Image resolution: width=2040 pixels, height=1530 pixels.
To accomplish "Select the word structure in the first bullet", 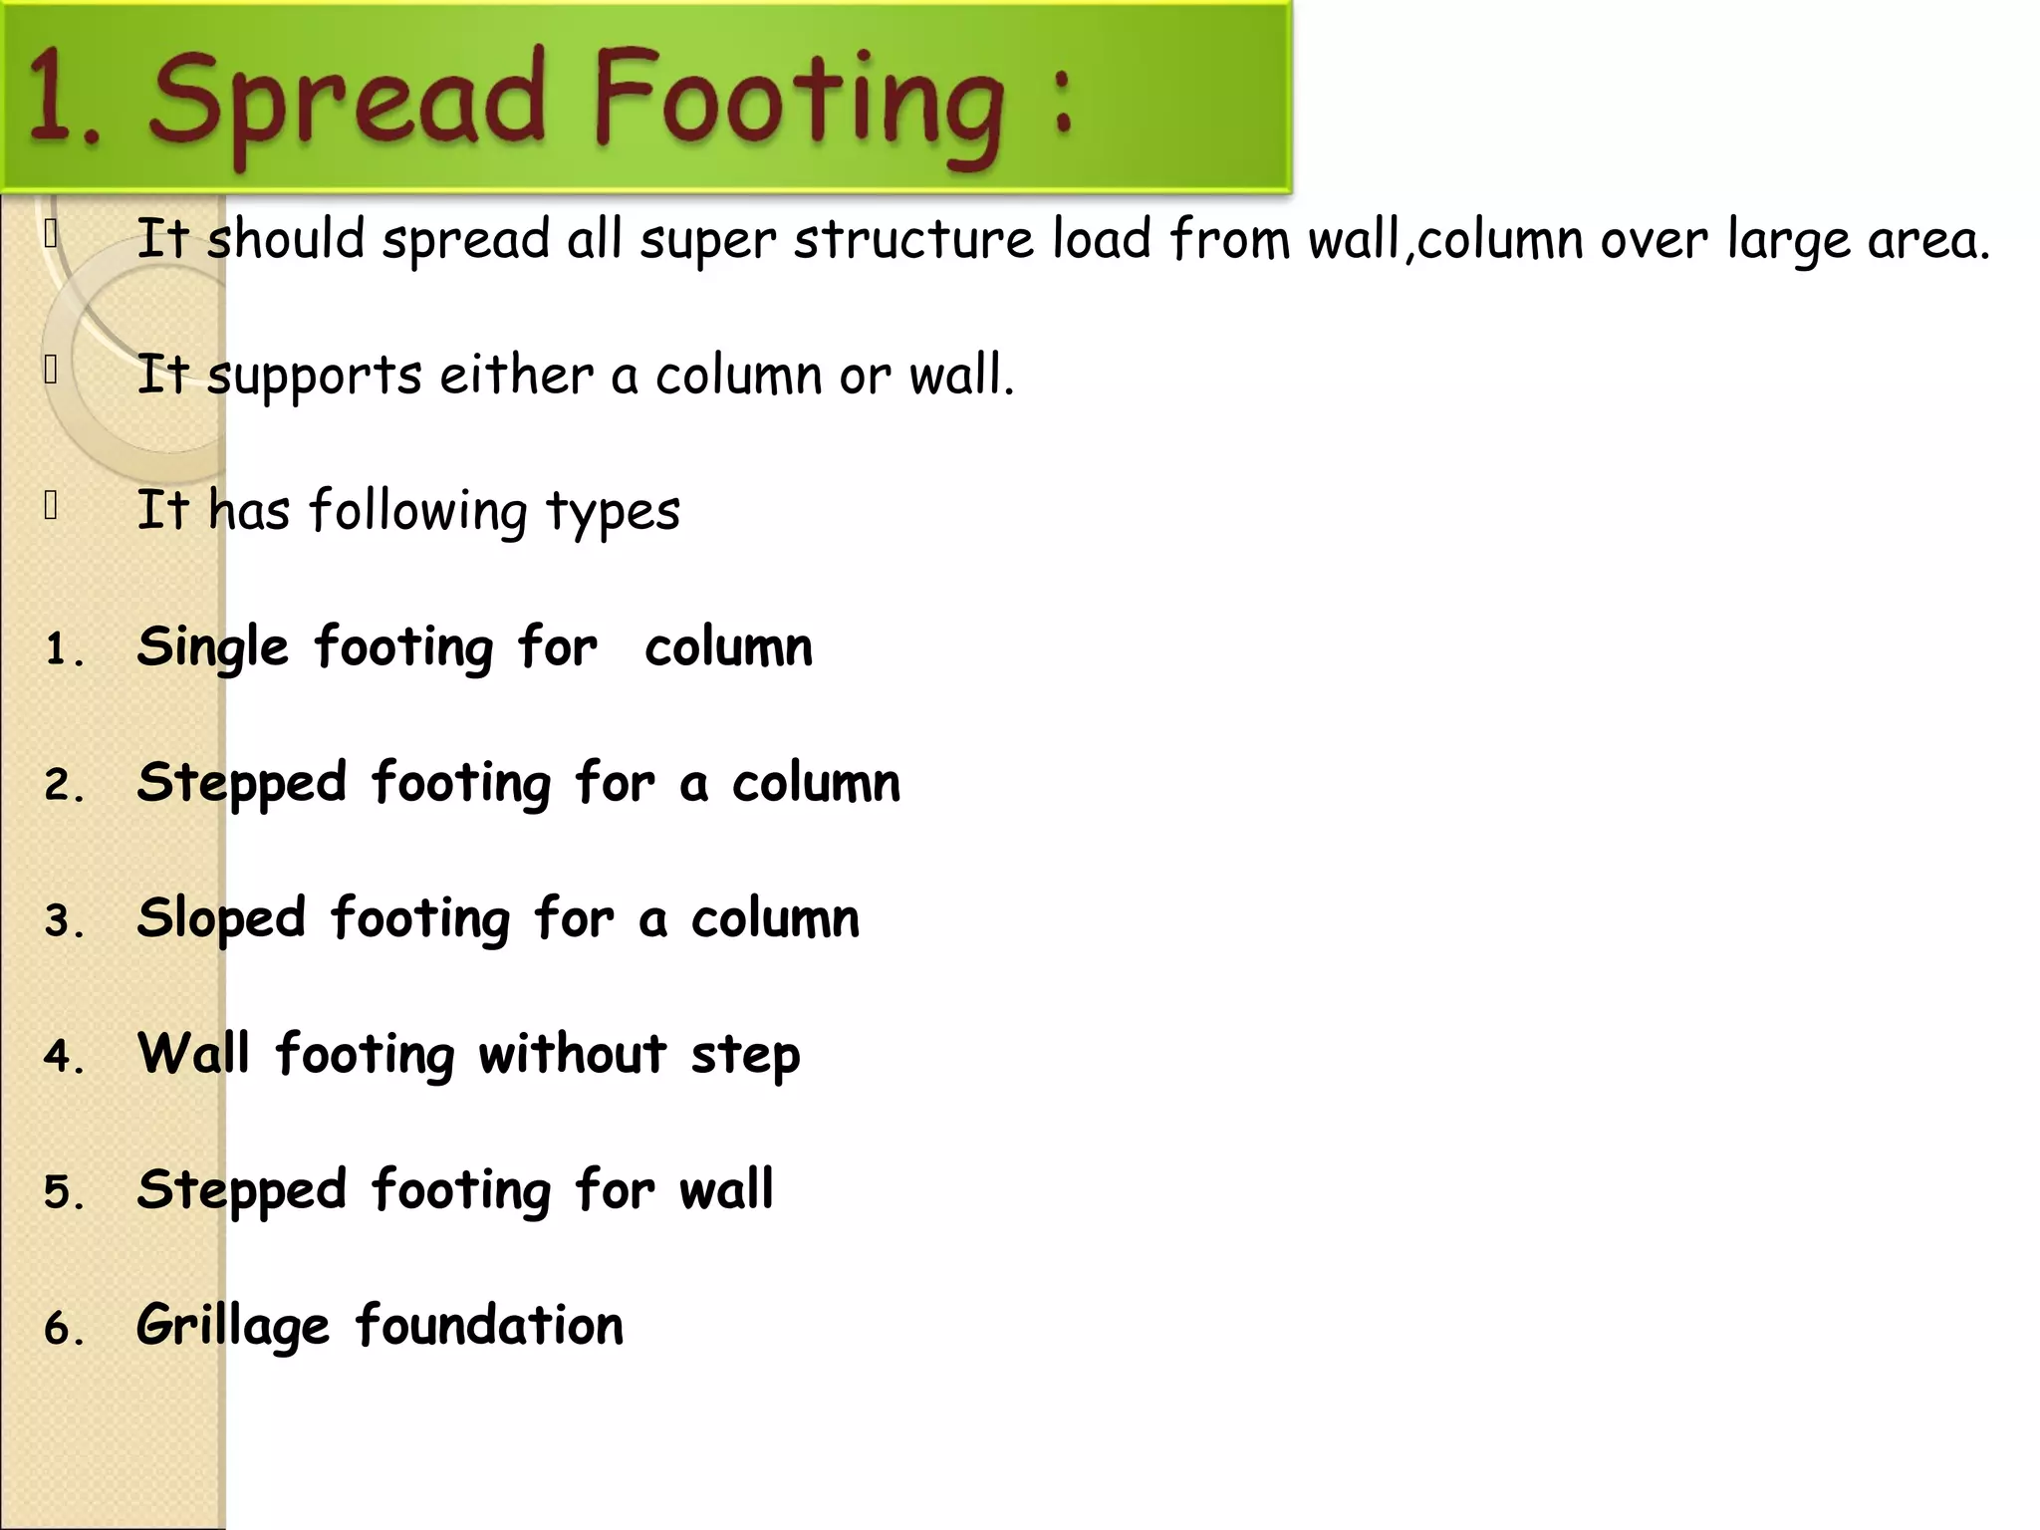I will point(913,240).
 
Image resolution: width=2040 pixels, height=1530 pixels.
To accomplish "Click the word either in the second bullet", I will point(516,376).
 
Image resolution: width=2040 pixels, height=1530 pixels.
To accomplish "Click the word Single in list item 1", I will point(213,648).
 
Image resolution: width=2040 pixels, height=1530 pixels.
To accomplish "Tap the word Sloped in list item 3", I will point(221,917).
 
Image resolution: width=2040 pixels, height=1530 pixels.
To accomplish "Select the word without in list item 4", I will point(573,1054).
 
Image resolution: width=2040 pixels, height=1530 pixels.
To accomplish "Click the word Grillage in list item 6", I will point(233,1326).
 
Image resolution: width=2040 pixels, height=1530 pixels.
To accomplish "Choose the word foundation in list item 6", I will point(489,1325).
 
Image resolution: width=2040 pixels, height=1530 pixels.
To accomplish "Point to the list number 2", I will point(62,786).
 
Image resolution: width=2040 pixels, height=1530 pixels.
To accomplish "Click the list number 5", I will point(62,1192).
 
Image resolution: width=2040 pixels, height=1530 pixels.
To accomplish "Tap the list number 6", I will point(62,1328).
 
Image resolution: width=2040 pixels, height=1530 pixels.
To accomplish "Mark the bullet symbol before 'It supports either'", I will point(51,370).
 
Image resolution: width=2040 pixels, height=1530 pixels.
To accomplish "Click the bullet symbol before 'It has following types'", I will point(51,506).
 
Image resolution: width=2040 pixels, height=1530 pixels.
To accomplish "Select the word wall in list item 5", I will point(726,1189).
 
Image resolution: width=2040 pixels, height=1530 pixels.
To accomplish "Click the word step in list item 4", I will point(745,1056).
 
